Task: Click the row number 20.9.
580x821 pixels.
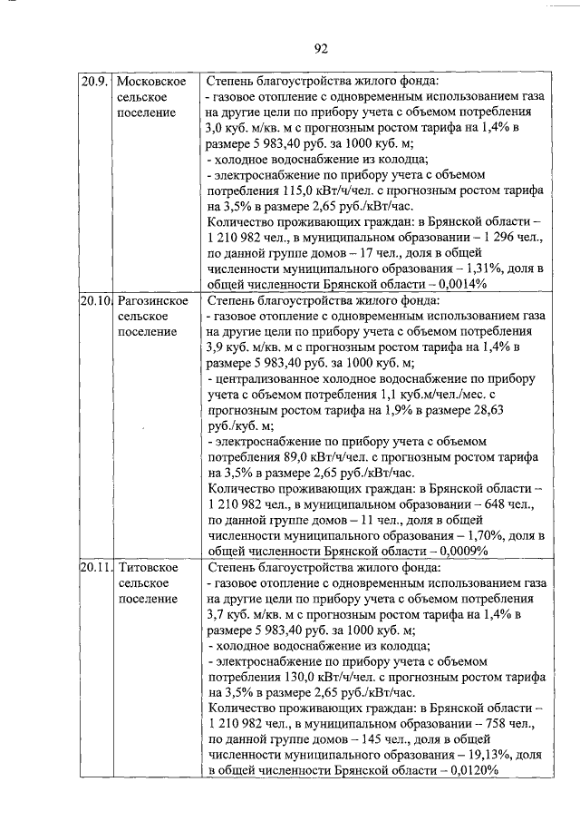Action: click(93, 81)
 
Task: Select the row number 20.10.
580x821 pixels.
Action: click(95, 299)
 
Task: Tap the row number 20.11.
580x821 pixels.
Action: click(95, 567)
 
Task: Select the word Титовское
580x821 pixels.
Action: click(147, 567)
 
